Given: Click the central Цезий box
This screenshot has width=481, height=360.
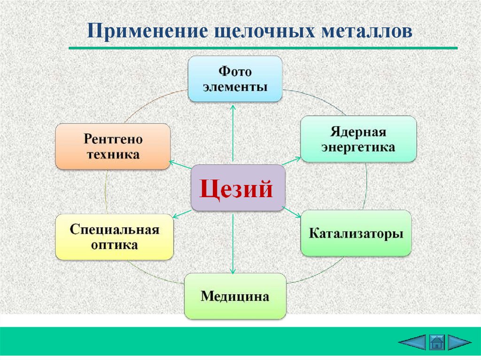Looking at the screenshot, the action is pos(238,188).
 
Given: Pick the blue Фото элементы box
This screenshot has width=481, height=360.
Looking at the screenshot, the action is pos(235,79).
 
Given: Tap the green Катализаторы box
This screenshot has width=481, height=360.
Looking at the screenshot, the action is pos(356,233).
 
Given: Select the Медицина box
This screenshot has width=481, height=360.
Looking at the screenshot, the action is pos(235,296).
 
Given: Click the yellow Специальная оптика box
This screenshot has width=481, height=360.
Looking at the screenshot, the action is pos(114,237).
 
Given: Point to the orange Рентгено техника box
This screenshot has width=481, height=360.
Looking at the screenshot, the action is pos(113,146).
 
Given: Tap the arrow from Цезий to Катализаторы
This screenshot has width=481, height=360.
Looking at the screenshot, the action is pos(293,212).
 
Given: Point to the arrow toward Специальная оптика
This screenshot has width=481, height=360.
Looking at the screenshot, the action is pos(181,214).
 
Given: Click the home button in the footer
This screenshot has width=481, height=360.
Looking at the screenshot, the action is pos(436,342).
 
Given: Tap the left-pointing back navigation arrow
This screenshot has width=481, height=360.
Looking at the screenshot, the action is pos(412,342).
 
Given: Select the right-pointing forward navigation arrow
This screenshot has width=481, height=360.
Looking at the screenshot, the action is pos(459,342).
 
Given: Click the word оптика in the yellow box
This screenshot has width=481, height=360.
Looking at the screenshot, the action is pos(114,245).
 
